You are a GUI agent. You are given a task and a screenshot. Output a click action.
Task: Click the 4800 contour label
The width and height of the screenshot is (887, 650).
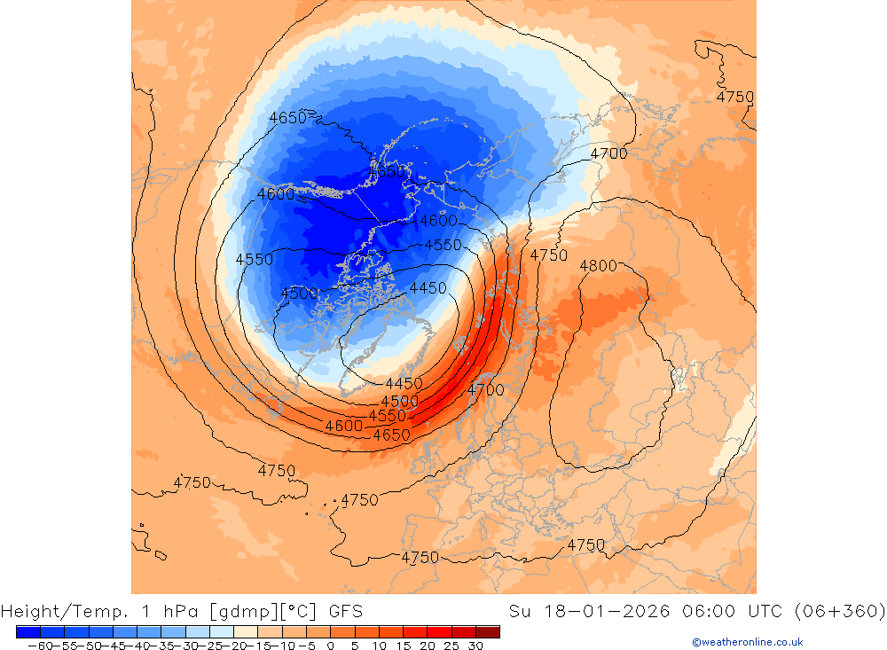[598, 265]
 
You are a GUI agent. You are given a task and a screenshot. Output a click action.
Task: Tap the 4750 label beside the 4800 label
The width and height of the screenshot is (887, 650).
[549, 255]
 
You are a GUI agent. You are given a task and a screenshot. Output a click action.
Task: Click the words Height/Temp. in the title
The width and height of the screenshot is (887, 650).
[55, 611]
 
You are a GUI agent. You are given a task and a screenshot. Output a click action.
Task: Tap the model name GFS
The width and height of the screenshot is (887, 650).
[345, 611]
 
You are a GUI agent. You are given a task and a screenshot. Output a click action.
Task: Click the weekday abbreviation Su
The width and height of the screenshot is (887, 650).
[520, 611]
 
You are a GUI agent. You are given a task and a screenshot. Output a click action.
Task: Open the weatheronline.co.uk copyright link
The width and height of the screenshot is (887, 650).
[747, 642]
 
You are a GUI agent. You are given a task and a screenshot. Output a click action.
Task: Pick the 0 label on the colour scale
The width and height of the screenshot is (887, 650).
[330, 646]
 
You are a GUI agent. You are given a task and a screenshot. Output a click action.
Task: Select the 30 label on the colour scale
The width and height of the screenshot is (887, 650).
[475, 646]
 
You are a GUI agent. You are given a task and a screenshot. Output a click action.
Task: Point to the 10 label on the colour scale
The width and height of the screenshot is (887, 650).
[379, 646]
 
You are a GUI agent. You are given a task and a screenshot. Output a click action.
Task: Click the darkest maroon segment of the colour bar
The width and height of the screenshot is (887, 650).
[487, 631]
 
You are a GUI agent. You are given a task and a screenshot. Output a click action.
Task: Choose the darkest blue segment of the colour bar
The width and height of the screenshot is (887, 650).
[27, 631]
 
